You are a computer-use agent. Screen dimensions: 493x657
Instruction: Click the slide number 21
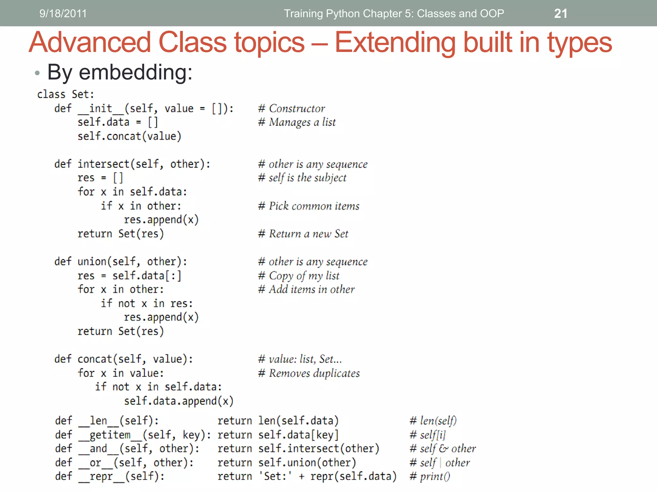[560, 13]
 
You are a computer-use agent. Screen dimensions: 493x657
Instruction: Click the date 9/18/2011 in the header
[63, 13]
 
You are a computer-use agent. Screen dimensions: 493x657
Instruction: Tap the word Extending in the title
[395, 43]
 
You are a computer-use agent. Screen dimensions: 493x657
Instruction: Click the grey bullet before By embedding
[37, 73]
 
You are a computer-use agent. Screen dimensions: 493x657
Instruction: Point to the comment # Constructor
[291, 108]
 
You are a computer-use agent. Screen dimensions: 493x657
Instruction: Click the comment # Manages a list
[297, 122]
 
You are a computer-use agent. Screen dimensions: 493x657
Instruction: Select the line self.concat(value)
[129, 136]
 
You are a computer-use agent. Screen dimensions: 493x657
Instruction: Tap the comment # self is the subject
[302, 178]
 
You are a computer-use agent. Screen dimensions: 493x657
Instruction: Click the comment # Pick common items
[309, 206]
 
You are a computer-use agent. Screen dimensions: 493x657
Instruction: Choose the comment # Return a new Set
[303, 234]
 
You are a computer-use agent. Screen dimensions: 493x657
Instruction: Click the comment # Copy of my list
[299, 276]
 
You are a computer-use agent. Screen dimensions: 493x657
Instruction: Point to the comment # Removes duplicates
[309, 373]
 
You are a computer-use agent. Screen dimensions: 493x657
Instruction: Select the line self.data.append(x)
[179, 401]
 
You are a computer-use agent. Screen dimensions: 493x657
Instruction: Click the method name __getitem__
[110, 435]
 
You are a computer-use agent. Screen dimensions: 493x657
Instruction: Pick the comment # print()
[430, 476]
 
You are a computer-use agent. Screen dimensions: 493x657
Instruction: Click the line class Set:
[65, 94]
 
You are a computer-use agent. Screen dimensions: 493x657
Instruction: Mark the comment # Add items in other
[306, 290]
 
